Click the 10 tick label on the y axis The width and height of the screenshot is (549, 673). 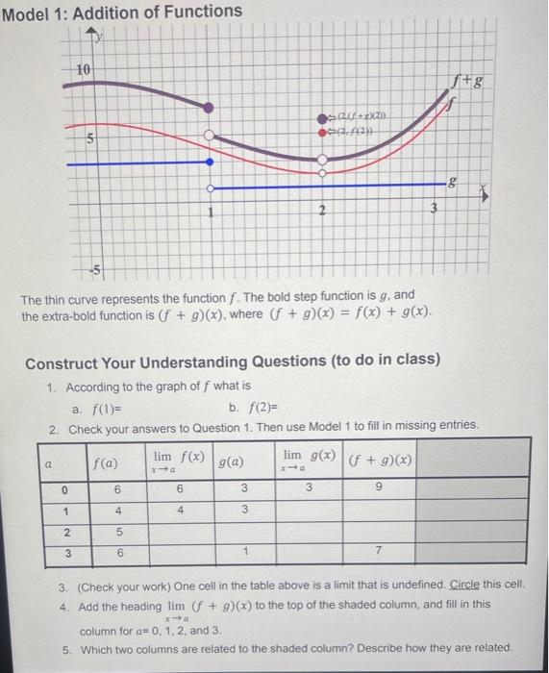pos(86,70)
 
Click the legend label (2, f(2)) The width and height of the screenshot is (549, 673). pos(352,134)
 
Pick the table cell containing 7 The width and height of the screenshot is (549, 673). pos(380,555)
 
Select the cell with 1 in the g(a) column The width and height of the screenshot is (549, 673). pos(244,555)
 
